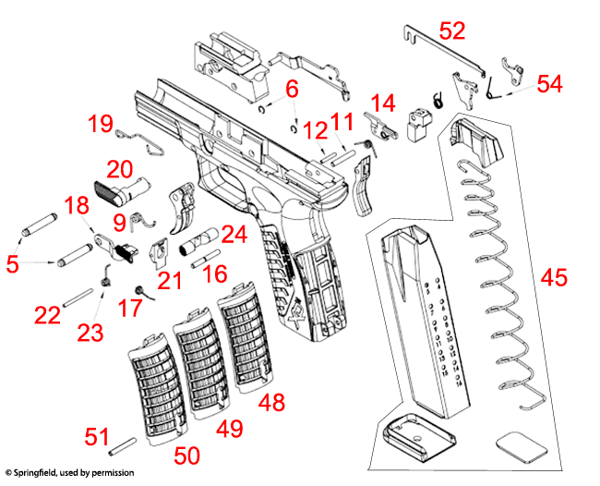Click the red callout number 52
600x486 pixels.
point(452,30)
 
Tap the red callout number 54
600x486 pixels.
point(550,84)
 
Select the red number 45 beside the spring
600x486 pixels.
point(554,277)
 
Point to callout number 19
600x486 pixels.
point(101,124)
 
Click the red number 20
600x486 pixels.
point(120,169)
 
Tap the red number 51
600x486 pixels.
point(98,436)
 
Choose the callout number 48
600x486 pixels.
point(271,402)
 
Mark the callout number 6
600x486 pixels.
point(292,90)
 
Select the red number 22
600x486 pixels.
point(47,315)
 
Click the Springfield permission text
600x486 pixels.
point(68,473)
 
